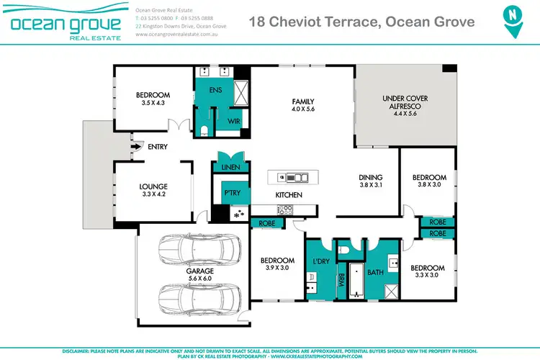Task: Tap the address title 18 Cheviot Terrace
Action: [361, 22]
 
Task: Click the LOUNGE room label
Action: [153, 186]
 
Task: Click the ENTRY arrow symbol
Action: [135, 147]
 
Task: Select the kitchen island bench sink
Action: [295, 177]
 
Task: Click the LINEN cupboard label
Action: [230, 168]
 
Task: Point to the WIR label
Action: [233, 122]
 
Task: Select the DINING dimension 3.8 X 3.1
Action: [371, 185]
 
